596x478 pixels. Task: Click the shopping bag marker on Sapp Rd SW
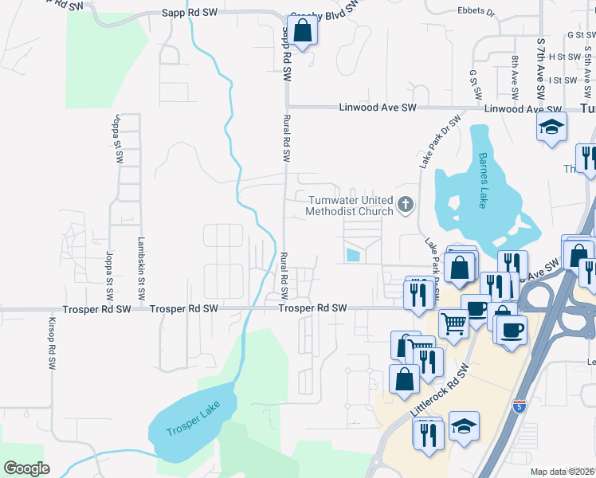pyautogui.click(x=303, y=31)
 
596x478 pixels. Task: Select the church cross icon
pyautogui.click(x=406, y=206)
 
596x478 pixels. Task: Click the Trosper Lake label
pyautogui.click(x=191, y=423)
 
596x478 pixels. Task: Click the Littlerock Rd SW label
pyautogui.click(x=437, y=388)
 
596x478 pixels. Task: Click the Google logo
pyautogui.click(x=26, y=468)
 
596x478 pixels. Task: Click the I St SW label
pyautogui.click(x=563, y=80)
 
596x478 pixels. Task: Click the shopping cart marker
pyautogui.click(x=453, y=323)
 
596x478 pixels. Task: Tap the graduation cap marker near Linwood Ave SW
pyautogui.click(x=551, y=127)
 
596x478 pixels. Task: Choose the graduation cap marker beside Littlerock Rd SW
pyautogui.click(x=464, y=427)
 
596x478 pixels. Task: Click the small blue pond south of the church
pyautogui.click(x=353, y=255)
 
